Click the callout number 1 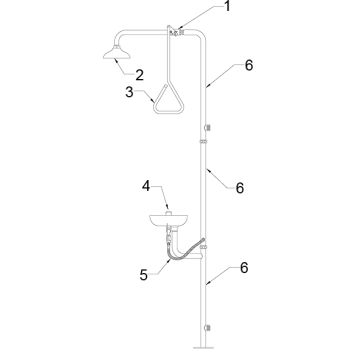coord(227,6)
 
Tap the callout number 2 coord(139,75)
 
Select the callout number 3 coord(129,92)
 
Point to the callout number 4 coord(146,186)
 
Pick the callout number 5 coord(144,275)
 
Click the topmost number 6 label coord(249,65)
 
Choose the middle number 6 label coord(240,188)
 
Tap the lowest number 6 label coord(244,268)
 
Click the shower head coord(116,53)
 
